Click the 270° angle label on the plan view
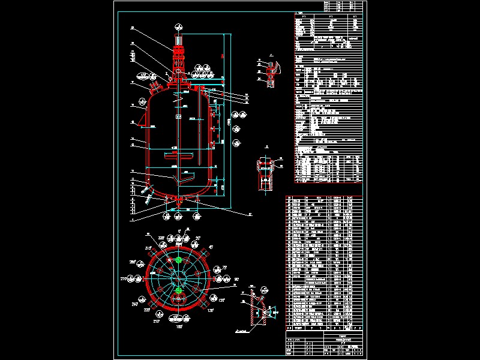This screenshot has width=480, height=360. pyautogui.click(x=125, y=280)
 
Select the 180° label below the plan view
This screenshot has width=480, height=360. pyautogui.click(x=178, y=326)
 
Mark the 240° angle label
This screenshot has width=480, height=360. pyautogui.click(x=134, y=304)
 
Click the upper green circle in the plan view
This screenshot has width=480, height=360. pyautogui.click(x=178, y=260)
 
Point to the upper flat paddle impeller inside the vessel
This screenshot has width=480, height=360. pyautogui.click(x=179, y=158)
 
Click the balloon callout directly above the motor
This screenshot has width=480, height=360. pyautogui.click(x=178, y=27)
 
